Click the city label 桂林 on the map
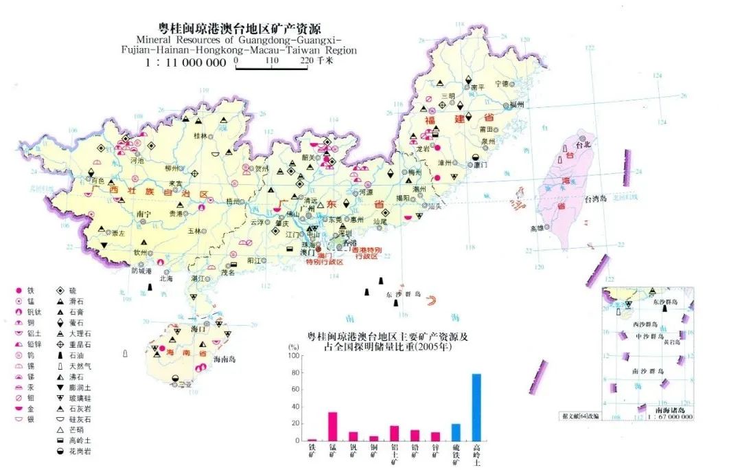pyautogui.click(x=200, y=136)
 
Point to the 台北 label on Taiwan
pyautogui.click(x=583, y=146)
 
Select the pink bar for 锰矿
pyautogui.click(x=332, y=426)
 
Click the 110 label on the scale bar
pyautogui.click(x=270, y=60)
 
